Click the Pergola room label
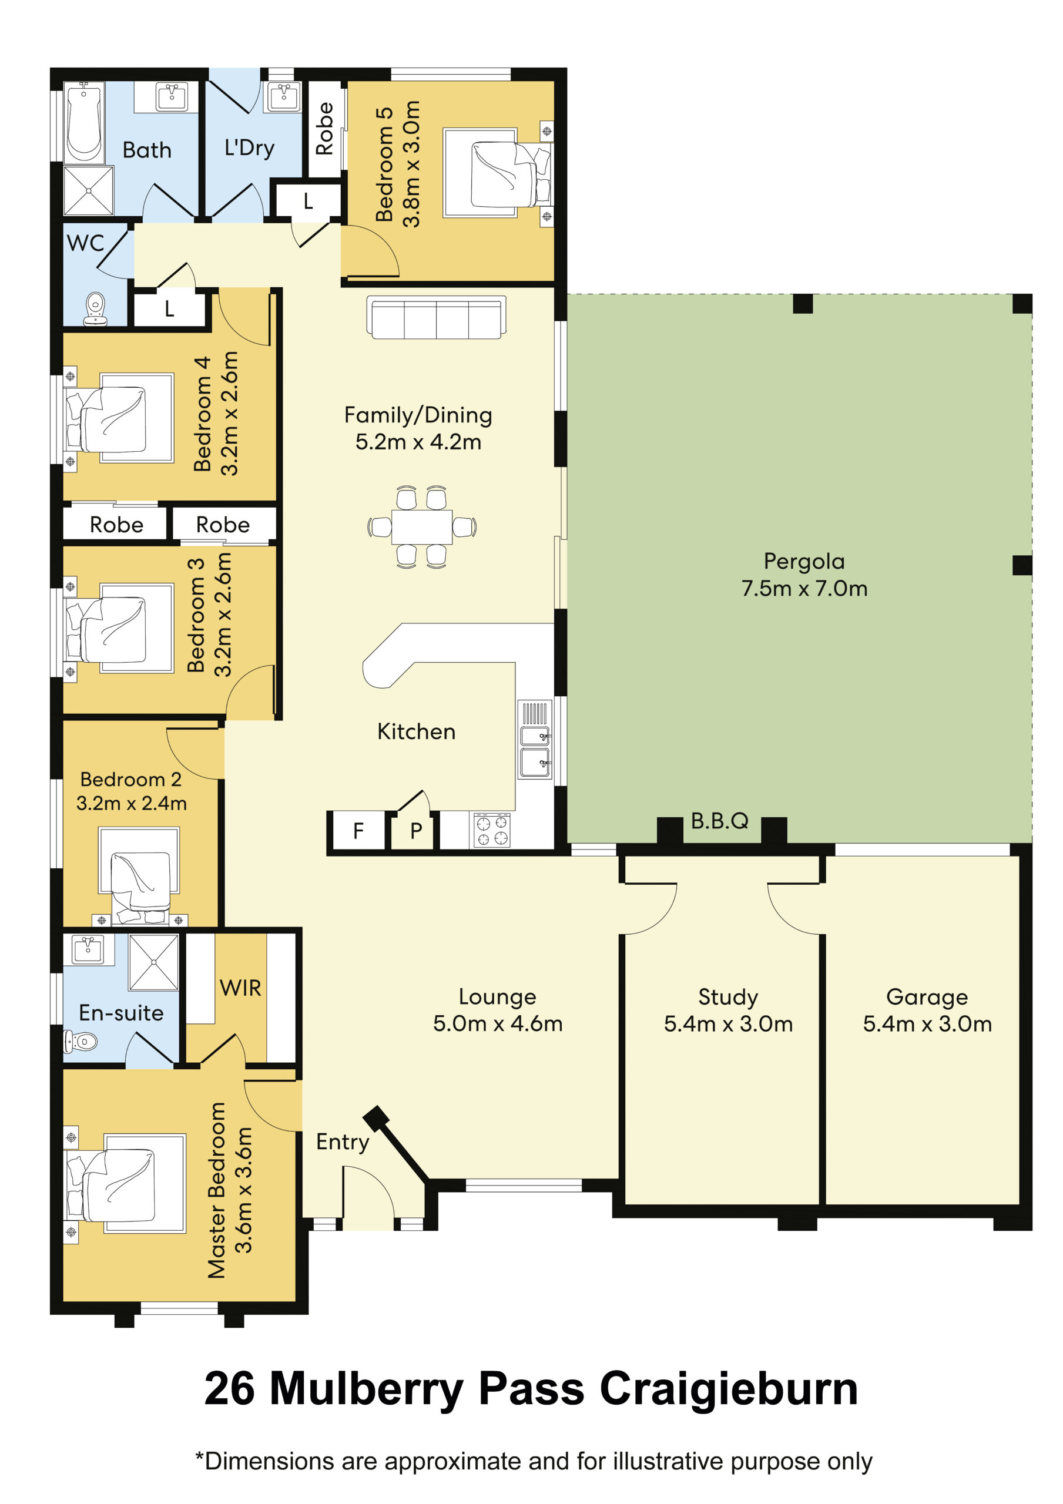coord(804,562)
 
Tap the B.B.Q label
coord(720,821)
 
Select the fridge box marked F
coord(358,831)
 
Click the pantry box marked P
coord(415,831)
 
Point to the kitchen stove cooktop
coord(491,831)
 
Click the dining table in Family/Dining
coord(421,526)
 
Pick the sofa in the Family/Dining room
coord(436,318)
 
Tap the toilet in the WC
coord(96,309)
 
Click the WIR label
coord(240,988)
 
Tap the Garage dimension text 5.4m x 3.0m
coord(927,1024)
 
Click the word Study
coord(728,997)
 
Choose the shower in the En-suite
coord(154,962)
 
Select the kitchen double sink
coord(535,740)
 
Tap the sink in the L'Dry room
coord(284,97)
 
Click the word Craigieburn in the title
coord(729,1390)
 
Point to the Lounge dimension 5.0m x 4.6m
coord(498,1024)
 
